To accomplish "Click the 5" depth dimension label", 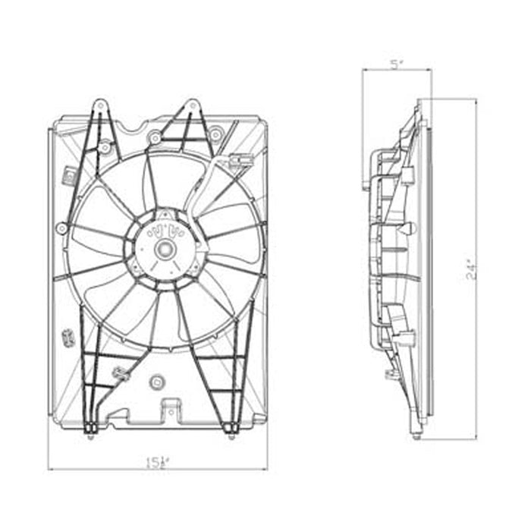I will tap(395, 64).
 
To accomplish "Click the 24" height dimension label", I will tap(470, 269).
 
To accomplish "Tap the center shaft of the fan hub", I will tap(163, 247).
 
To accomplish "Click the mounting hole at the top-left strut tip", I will tap(98, 104).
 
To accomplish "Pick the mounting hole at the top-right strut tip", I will tap(193, 104).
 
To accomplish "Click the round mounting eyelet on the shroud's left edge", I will tap(61, 228).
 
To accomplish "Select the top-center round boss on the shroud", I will tap(156, 137).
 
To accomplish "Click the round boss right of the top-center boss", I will tap(216, 135).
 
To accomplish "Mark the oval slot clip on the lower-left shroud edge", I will tap(67, 336).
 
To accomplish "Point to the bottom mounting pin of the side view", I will tap(416, 436).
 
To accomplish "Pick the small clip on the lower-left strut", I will tap(119, 372).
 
